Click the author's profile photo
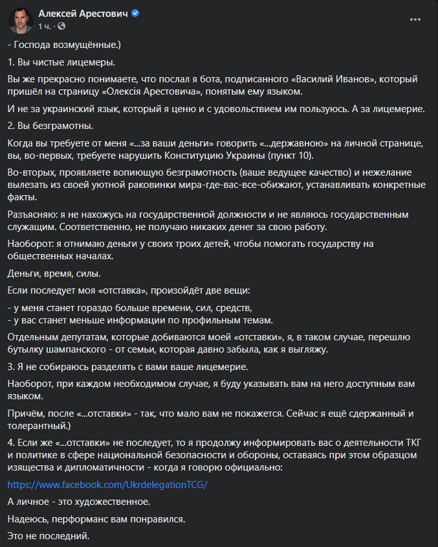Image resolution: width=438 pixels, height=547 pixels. [x=21, y=21]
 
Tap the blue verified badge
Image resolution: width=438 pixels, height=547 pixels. [x=135, y=14]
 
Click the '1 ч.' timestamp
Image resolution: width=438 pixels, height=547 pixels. [x=45, y=27]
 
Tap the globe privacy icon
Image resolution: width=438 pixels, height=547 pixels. [x=61, y=27]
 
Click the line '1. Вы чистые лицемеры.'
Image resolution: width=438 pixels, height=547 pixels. [x=61, y=62]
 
